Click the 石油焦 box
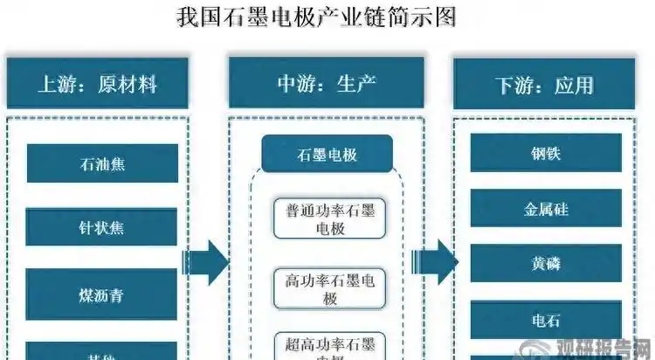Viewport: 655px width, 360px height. [102, 163]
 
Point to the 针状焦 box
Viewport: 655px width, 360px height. [102, 226]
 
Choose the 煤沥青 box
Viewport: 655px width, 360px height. [102, 295]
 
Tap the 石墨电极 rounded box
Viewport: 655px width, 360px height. [327, 155]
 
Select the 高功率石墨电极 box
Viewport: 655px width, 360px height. [327, 289]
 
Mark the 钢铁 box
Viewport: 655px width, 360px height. [546, 153]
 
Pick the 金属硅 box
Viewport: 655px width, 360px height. [546, 209]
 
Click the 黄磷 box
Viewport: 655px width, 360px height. [546, 264]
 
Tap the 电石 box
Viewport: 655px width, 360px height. [546, 320]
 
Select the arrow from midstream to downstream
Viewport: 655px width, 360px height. [434, 259]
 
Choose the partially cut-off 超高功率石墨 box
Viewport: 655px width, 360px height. [327, 345]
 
